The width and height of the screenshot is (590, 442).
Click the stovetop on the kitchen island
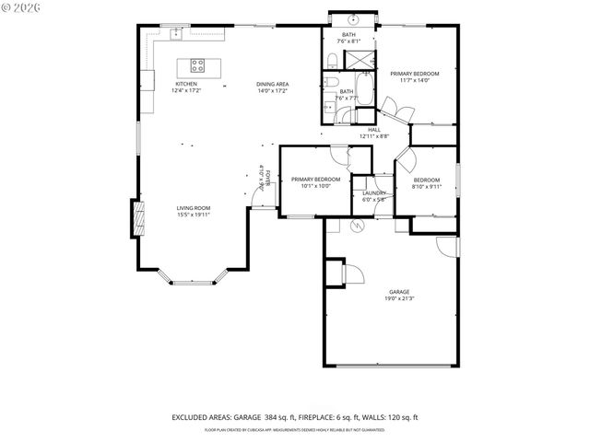click(198, 64)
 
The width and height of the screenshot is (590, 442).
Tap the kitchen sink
click(175, 33)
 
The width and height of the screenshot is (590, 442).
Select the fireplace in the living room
click(140, 219)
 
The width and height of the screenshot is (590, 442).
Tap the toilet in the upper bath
click(330, 61)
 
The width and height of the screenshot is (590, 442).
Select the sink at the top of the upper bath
click(353, 20)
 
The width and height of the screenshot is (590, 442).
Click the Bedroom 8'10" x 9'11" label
click(426, 182)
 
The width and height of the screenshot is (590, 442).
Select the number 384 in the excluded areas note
click(276, 418)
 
